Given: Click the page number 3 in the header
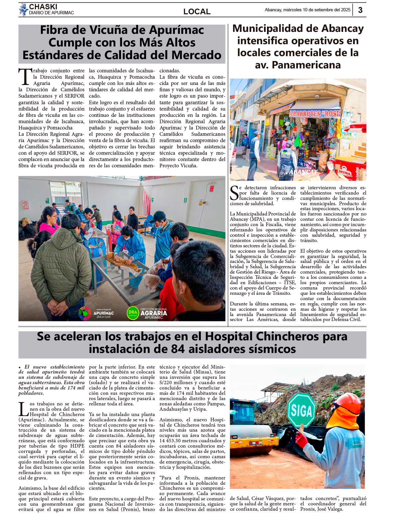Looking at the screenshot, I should tap(360, 10).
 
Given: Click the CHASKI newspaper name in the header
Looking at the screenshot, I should tap(43, 7).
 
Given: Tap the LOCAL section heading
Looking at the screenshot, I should tap(197, 12).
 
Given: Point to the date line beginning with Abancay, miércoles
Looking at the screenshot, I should tap(307, 10).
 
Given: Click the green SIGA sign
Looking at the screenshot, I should tap(301, 410).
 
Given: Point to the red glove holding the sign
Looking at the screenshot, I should tap(302, 439).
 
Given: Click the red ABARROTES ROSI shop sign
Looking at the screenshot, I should tap(314, 114).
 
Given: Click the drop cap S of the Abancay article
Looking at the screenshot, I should tap(234, 193).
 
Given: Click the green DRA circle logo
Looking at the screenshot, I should tap(133, 312).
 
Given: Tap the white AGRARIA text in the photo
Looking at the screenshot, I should tap(153, 313).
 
